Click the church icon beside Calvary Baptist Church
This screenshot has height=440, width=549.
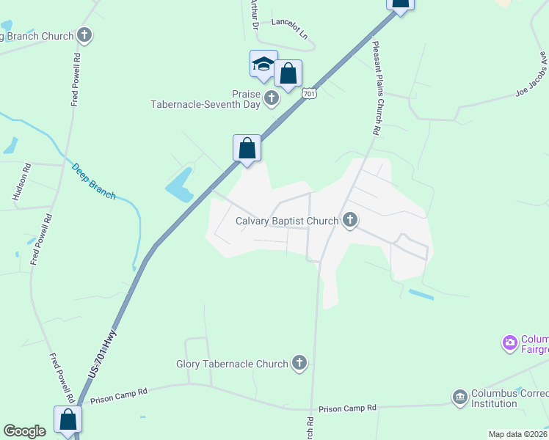[350, 220]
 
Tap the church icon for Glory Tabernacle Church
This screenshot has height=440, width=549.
[299, 363]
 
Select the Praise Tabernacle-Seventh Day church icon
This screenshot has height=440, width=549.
[272, 98]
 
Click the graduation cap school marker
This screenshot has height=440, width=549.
[263, 65]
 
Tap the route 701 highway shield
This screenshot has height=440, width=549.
[310, 93]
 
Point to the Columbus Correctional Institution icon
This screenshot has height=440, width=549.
[460, 397]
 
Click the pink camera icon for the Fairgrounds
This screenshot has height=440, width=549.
[509, 342]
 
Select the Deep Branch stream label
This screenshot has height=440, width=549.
[93, 180]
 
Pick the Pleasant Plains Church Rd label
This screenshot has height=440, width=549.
[375, 87]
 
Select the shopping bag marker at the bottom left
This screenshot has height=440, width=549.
[68, 420]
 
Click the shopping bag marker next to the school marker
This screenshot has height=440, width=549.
[288, 74]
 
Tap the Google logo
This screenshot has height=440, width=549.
[24, 431]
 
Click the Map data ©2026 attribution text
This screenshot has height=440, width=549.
[517, 434]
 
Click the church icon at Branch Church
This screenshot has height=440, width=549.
[85, 34]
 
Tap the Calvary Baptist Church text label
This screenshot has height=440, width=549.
[286, 221]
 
